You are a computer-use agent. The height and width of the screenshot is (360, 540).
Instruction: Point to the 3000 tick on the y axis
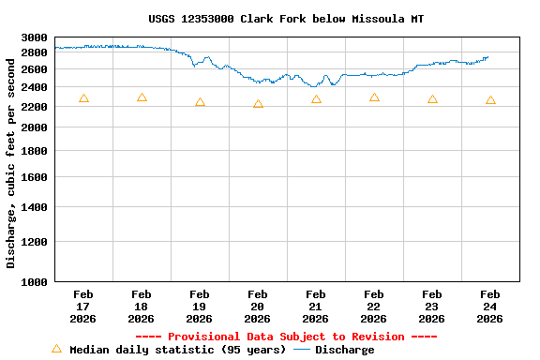tap(34, 37)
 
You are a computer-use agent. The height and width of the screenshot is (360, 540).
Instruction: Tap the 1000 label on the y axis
tap(34, 281)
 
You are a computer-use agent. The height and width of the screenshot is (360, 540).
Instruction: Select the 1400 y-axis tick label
tap(34, 207)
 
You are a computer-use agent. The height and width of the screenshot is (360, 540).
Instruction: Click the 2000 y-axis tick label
tap(34, 127)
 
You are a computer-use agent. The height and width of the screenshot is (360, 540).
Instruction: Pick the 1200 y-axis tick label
tap(34, 242)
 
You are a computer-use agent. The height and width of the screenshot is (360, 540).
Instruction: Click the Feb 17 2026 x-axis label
tap(83, 307)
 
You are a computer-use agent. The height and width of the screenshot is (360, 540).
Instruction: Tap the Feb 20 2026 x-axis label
tap(258, 307)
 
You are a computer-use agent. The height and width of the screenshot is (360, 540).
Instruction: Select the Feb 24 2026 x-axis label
tap(490, 307)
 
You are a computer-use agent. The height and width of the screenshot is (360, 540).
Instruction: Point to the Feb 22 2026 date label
tap(374, 307)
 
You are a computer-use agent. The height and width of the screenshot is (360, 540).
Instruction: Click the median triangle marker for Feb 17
tap(83, 98)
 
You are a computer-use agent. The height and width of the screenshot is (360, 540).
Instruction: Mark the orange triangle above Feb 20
tap(258, 104)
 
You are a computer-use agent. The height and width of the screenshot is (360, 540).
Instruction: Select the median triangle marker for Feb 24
tap(490, 100)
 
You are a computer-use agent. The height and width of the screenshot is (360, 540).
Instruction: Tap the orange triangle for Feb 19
tap(200, 102)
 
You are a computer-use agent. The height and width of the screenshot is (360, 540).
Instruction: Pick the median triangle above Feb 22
tap(374, 97)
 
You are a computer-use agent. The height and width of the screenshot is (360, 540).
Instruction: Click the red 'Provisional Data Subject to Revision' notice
tap(286, 337)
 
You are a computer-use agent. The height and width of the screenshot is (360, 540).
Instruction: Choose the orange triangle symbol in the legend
tap(56, 349)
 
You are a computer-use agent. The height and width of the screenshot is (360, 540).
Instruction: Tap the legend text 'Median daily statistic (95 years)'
tap(178, 350)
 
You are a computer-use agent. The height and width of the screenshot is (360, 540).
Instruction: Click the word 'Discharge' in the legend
tap(344, 350)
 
